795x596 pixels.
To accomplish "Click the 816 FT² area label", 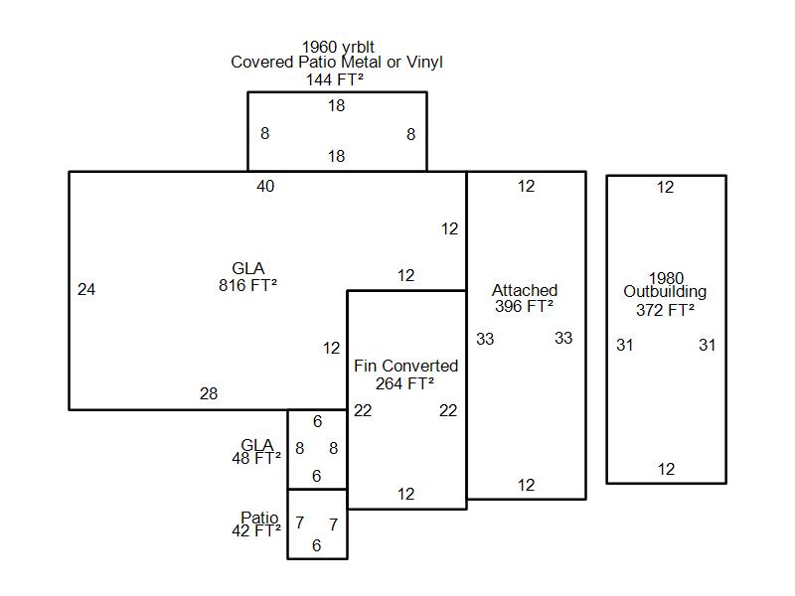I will coord(247,285).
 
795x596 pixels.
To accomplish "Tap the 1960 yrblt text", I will coord(338,47).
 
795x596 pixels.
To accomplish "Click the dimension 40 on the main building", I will coord(265,186).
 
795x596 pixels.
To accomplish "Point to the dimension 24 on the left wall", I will coord(86,290).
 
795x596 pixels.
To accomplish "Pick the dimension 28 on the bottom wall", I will coord(209,394).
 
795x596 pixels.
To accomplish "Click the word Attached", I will coord(525,290).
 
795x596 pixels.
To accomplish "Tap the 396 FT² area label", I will coord(525,307).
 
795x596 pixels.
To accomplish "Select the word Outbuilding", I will coord(665,292).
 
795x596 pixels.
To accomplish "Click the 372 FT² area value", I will coord(665,310).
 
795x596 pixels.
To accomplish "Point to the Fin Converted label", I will coord(405,367).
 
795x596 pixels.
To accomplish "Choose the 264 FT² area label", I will coord(405,383).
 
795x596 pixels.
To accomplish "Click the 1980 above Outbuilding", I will coord(666,278).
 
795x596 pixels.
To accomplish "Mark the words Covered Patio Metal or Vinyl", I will coord(337,63).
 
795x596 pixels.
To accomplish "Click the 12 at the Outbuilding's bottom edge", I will coord(666,469).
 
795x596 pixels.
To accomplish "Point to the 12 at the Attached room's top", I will coord(526,187).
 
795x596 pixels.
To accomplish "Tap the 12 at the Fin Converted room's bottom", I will coord(406,494).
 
